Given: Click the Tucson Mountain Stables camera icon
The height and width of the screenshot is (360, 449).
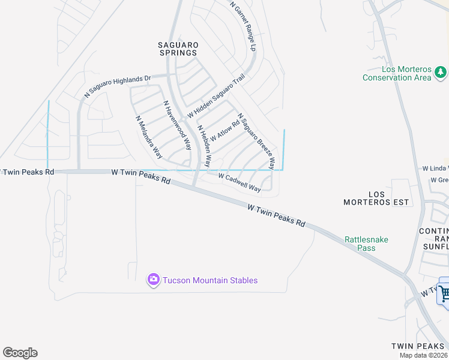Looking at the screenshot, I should pyautogui.click(x=153, y=279).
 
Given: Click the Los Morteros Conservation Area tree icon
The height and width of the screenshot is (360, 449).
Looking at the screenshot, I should pyautogui.click(x=441, y=72).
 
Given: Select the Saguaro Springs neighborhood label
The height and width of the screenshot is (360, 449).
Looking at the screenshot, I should pyautogui.click(x=178, y=49).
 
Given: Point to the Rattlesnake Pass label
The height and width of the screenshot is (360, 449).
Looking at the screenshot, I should pyautogui.click(x=366, y=244).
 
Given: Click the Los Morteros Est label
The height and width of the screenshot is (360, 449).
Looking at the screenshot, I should pyautogui.click(x=376, y=198).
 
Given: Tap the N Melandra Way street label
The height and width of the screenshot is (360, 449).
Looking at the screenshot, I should pyautogui.click(x=149, y=137).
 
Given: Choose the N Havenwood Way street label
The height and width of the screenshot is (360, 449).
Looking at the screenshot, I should pyautogui.click(x=178, y=124).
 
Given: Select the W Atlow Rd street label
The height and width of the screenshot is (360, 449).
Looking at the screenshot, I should pyautogui.click(x=224, y=130).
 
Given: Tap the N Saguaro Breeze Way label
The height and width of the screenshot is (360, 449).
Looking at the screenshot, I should pyautogui.click(x=256, y=140).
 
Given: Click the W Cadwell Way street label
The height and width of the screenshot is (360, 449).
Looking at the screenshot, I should pyautogui.click(x=240, y=182).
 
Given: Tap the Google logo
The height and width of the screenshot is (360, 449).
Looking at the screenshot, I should pyautogui.click(x=20, y=353).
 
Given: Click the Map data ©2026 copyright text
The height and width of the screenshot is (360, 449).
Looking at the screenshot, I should pyautogui.click(x=424, y=355).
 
